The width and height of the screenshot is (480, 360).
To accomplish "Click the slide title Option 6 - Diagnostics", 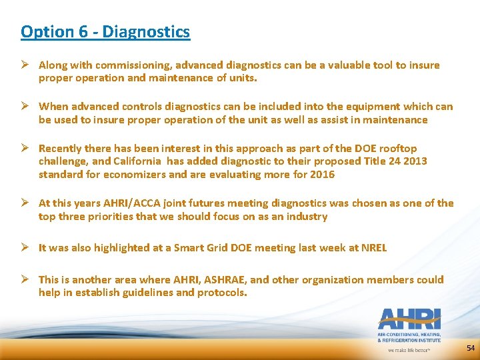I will (105, 31).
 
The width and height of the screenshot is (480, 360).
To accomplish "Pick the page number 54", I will (471, 349).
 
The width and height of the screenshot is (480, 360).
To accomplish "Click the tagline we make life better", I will (409, 349).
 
